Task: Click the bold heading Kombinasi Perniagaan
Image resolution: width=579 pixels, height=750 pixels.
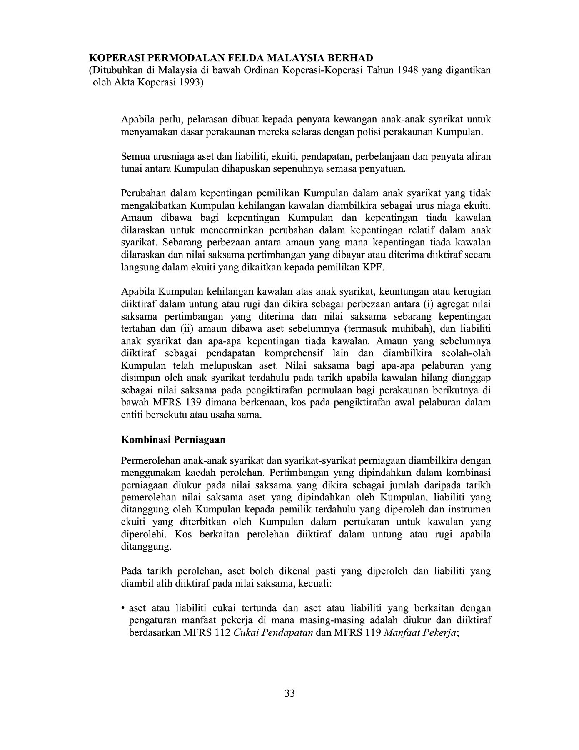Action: click(173, 440)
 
